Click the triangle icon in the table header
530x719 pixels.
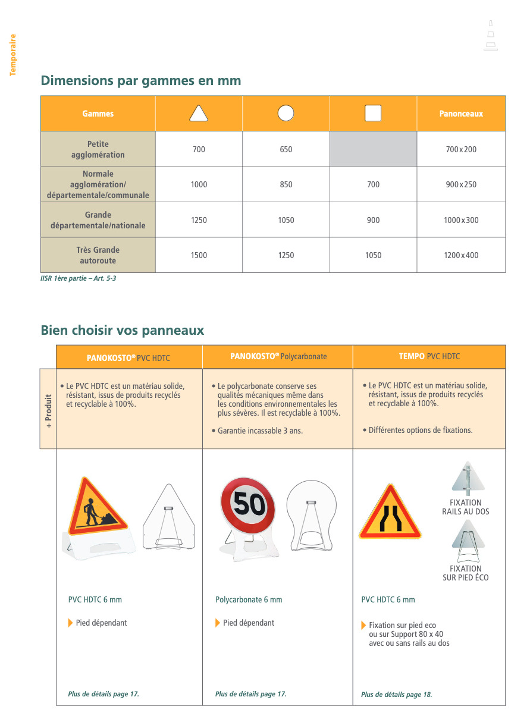(x=199, y=113)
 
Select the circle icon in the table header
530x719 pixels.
(x=286, y=113)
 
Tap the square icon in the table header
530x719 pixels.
(x=373, y=113)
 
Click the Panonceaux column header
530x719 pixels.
(x=461, y=114)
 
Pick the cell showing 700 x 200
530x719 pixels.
(x=461, y=149)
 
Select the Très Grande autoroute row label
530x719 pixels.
(x=98, y=255)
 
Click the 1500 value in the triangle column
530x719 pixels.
(x=199, y=255)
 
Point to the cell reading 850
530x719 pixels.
(x=286, y=184)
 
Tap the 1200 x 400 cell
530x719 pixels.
(x=461, y=255)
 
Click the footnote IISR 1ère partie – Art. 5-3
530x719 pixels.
(x=78, y=278)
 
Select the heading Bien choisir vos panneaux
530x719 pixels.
(x=122, y=331)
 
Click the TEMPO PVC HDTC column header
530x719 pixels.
(x=429, y=357)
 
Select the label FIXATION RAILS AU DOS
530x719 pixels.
(x=465, y=507)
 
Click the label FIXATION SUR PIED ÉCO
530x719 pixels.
(x=465, y=573)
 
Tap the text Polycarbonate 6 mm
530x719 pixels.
(x=249, y=599)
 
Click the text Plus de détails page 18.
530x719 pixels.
(x=396, y=695)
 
